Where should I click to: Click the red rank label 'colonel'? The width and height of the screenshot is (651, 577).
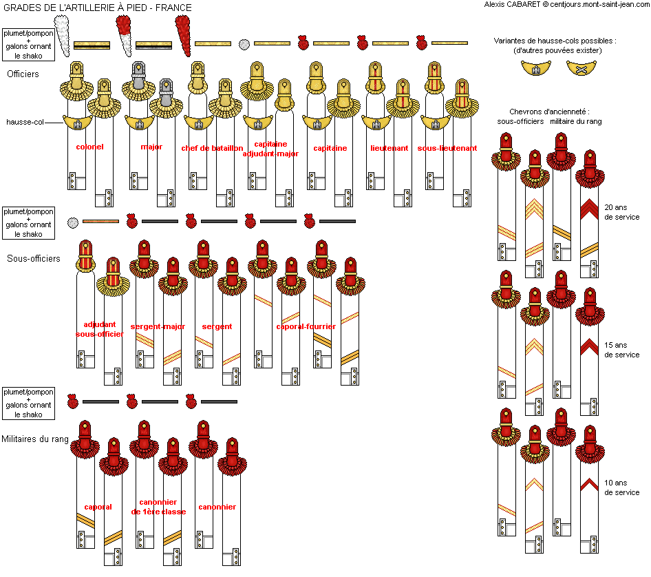[x=89, y=147]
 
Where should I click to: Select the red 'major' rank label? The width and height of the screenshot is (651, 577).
[x=151, y=147]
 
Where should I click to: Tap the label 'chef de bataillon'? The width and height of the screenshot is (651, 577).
[x=212, y=148]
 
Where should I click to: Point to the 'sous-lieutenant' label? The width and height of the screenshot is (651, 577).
[x=447, y=148]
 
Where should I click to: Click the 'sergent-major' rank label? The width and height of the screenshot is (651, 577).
[x=158, y=326]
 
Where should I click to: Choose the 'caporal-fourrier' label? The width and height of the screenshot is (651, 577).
[x=306, y=326]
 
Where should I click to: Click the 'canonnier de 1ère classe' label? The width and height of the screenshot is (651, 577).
[x=158, y=507]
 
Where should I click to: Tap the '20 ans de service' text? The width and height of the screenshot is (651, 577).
[x=622, y=212]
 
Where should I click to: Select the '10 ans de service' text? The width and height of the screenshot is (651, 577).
[x=622, y=487]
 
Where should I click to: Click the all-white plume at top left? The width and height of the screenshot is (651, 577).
[x=62, y=35]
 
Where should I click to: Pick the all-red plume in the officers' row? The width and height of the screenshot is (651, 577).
[x=183, y=35]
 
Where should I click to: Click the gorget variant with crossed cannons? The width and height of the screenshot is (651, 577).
[x=581, y=67]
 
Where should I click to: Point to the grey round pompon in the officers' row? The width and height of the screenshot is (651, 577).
[x=244, y=45]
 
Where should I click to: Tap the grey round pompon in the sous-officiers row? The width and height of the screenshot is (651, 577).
[x=73, y=223]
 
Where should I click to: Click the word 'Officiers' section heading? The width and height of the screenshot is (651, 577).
[x=23, y=74]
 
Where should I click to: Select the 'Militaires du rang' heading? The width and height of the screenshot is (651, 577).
[x=35, y=439]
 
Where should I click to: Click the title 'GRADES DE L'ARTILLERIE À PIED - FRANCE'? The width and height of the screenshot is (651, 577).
[x=98, y=8]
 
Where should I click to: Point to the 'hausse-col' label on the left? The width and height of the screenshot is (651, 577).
[x=25, y=122]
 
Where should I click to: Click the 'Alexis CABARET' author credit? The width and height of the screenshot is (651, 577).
[x=512, y=4]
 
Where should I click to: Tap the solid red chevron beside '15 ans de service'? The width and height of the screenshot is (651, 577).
[x=589, y=347]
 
